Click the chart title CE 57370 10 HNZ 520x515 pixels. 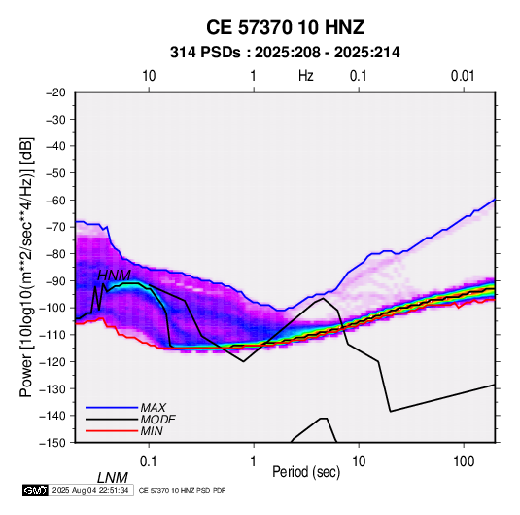coord(285,27)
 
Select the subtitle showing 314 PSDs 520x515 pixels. coord(285,53)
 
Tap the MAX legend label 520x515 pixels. coord(154,408)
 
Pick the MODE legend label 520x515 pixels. coord(157,420)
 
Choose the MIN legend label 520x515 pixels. coord(152,431)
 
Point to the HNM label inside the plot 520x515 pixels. coord(114,276)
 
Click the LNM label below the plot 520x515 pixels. coord(112,478)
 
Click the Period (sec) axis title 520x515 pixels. coord(306,472)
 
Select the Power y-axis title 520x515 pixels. coord(26,267)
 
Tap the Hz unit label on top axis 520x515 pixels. coord(306,76)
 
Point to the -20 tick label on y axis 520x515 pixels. coord(55,92)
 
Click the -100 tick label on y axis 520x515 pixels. coord(52,308)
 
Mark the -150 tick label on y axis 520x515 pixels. coord(52,443)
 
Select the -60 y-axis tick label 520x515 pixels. coord(55,200)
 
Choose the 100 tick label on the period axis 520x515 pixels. coord(464,461)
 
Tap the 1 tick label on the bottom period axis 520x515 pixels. coord(254,461)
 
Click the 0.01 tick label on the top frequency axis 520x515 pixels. coord(463,76)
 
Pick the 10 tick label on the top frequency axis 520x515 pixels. coord(149,76)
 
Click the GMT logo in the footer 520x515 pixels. coord(35,490)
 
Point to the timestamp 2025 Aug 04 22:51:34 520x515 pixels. coord(90,490)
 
